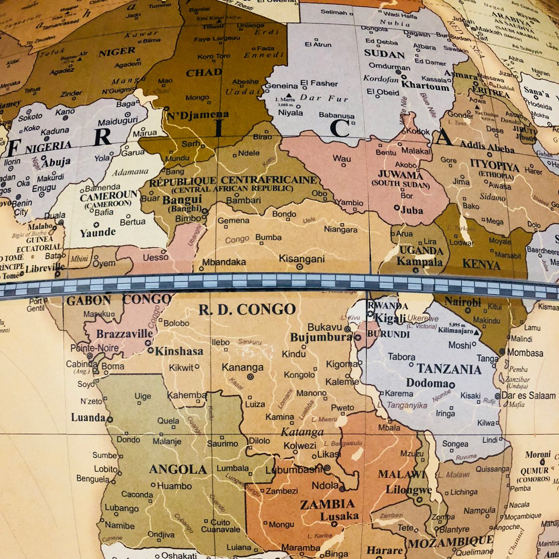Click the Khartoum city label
tap(425, 86)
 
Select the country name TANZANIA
tap(449, 369)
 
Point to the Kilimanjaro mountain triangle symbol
tap(476, 332)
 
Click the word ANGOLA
tap(177, 470)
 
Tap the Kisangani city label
tap(301, 259)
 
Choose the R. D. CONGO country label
tap(247, 309)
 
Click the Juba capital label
tap(411, 210)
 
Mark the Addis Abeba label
tap(487, 148)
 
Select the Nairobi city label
tap(462, 302)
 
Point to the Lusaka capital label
tap(339, 516)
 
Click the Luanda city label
tap(88, 417)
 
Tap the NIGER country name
tap(116, 52)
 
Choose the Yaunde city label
tap(97, 232)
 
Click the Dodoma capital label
tap(427, 383)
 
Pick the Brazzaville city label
tap(124, 334)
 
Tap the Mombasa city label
tap(525, 353)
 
